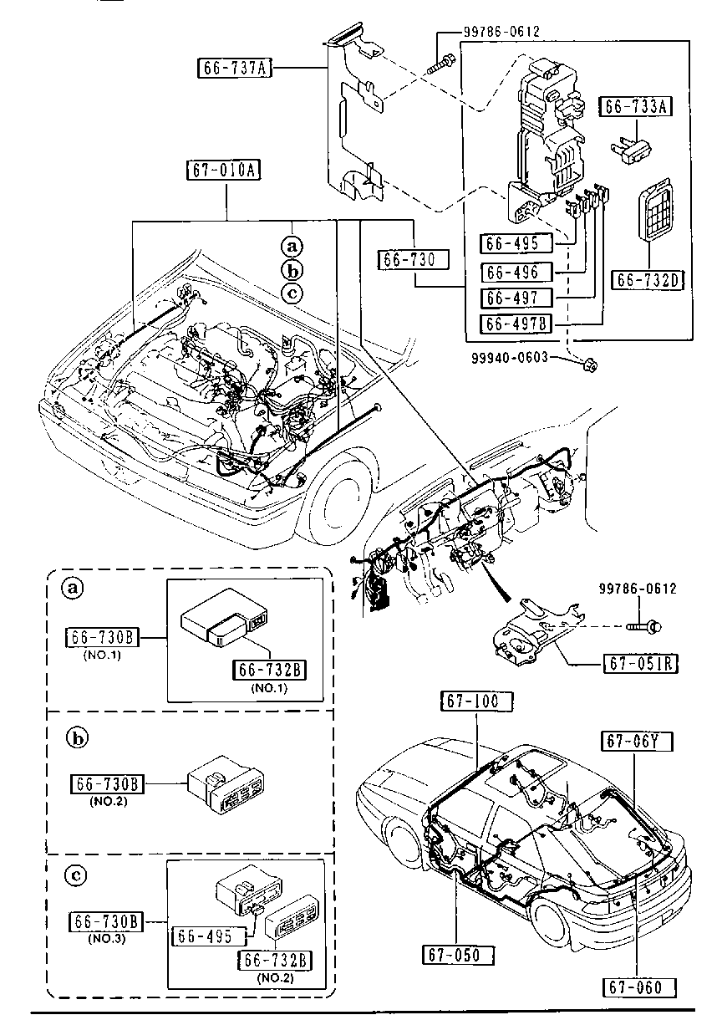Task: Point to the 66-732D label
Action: [649, 279]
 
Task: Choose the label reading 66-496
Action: [517, 272]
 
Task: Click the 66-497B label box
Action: [517, 324]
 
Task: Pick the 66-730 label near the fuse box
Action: [413, 258]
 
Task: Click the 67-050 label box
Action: [459, 955]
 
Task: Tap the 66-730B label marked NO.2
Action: [108, 784]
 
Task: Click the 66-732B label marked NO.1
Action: [272, 670]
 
